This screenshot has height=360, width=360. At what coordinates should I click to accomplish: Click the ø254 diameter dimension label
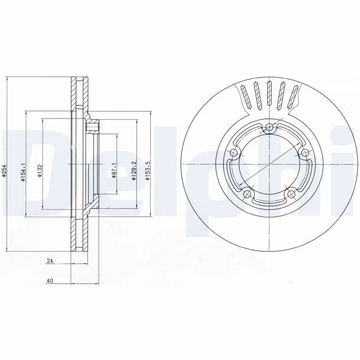(x=4, y=171)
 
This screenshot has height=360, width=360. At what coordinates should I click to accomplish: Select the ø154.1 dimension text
(x=22, y=172)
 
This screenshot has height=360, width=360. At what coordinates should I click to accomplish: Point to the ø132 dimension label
(x=40, y=171)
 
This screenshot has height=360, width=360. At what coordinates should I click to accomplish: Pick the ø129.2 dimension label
(x=133, y=171)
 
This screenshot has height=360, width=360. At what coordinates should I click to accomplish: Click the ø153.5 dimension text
(x=147, y=171)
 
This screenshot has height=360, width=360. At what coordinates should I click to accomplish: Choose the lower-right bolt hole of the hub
(x=291, y=194)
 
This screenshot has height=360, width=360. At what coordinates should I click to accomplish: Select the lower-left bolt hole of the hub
(x=247, y=194)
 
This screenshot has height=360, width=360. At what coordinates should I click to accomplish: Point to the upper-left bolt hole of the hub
(x=234, y=153)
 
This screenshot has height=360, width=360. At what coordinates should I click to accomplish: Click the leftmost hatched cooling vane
(x=244, y=95)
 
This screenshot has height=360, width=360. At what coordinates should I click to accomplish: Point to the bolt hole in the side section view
(x=93, y=128)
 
